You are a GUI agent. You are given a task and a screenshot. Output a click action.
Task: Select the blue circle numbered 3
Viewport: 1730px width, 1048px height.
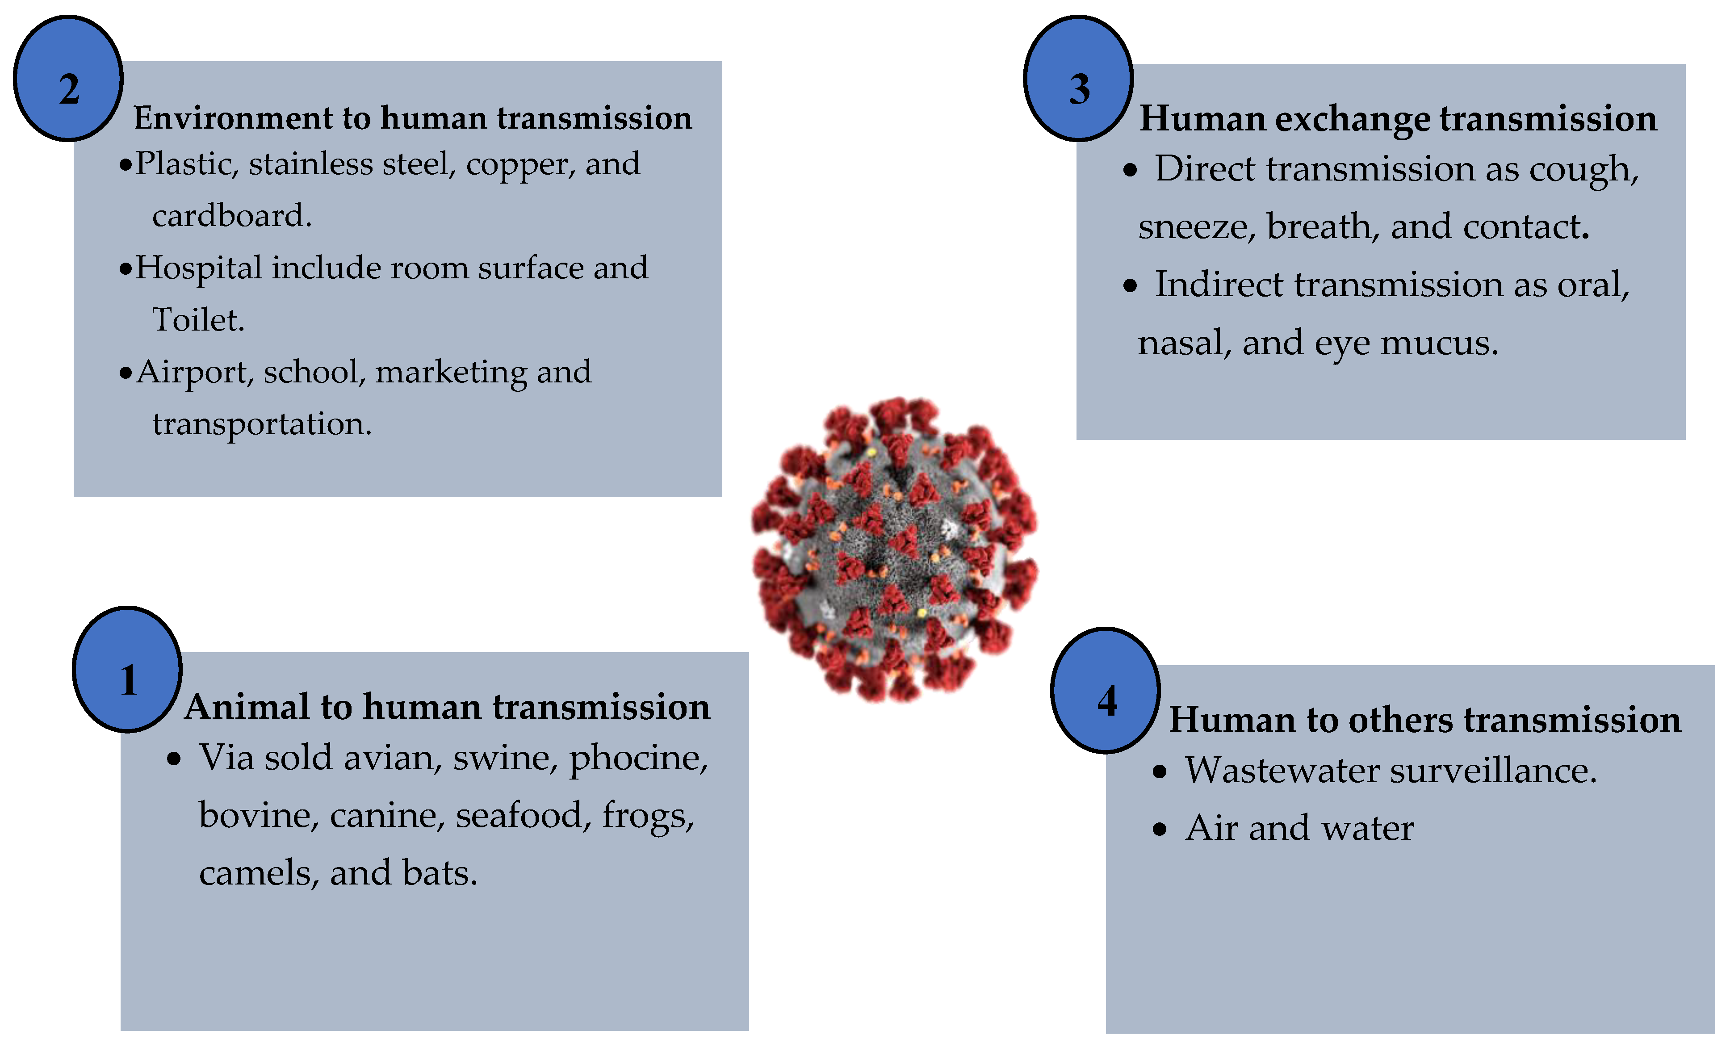[1078, 79]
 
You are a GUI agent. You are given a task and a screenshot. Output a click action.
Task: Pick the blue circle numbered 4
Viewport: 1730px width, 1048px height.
[1106, 691]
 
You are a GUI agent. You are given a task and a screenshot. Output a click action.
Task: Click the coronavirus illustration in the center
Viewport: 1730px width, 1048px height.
[894, 549]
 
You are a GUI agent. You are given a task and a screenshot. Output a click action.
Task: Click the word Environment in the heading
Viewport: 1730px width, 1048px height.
[232, 118]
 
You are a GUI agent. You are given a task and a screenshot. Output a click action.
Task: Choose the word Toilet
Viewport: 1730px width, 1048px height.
[198, 320]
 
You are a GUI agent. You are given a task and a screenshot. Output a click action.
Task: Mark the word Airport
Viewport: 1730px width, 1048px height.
[194, 372]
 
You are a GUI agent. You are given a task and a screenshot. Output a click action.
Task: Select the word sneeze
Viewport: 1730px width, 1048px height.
[1196, 227]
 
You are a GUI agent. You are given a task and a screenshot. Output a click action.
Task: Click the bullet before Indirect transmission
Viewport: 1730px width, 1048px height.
[1130, 286]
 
